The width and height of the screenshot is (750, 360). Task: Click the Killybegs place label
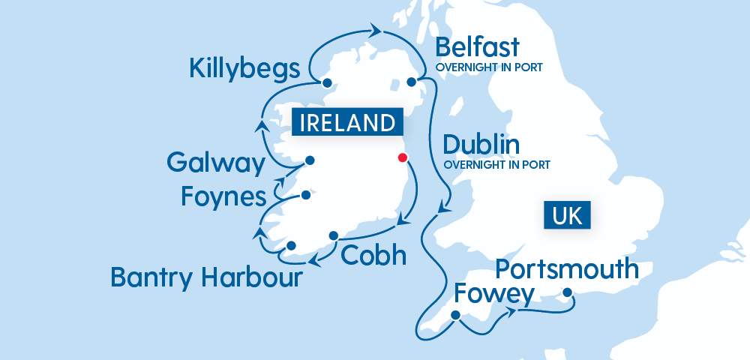click(x=244, y=69)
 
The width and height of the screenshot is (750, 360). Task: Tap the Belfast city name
click(x=477, y=47)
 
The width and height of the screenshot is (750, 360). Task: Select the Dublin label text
click(x=481, y=144)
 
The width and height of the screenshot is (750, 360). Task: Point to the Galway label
click(x=216, y=163)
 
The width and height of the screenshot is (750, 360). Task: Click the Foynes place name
click(x=224, y=196)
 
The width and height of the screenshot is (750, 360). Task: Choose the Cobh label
click(x=373, y=255)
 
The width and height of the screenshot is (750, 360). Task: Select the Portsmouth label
click(x=568, y=268)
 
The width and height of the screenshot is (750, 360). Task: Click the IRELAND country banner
click(x=347, y=122)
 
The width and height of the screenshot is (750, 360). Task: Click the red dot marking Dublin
click(x=403, y=157)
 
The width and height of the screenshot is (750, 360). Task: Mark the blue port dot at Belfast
click(x=411, y=82)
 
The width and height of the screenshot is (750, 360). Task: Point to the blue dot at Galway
click(x=308, y=160)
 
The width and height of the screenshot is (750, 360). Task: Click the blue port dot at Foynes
click(x=306, y=196)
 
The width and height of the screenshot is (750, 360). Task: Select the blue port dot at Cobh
click(x=334, y=235)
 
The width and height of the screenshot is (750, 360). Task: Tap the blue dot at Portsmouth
click(x=568, y=292)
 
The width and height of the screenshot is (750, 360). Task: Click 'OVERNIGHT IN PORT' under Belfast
click(x=489, y=67)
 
